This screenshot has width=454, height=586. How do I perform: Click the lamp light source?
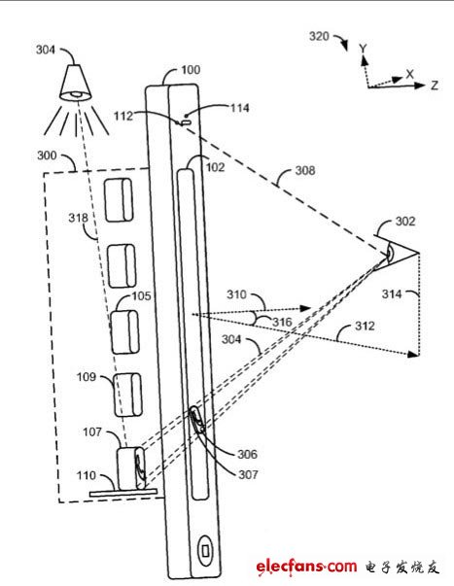tap(75, 83)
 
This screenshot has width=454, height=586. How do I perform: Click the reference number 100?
tap(191, 70)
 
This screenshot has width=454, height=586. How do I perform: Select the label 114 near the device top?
tap(239, 108)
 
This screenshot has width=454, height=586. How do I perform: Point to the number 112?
tap(123, 116)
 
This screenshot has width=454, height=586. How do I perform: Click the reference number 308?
tap(305, 170)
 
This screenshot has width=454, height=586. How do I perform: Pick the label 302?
tap(405, 222)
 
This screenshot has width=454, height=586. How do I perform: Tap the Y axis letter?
tap(363, 49)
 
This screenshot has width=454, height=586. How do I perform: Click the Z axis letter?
tap(435, 86)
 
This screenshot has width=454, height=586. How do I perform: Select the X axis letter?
tap(410, 74)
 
